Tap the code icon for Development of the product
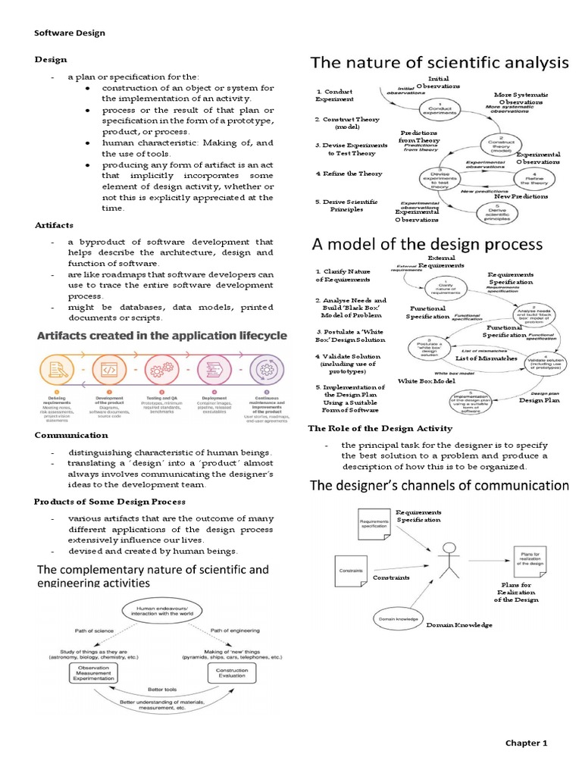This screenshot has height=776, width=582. point(106,371)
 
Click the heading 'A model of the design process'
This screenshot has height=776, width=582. point(427,245)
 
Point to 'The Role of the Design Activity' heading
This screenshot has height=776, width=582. point(380,428)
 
